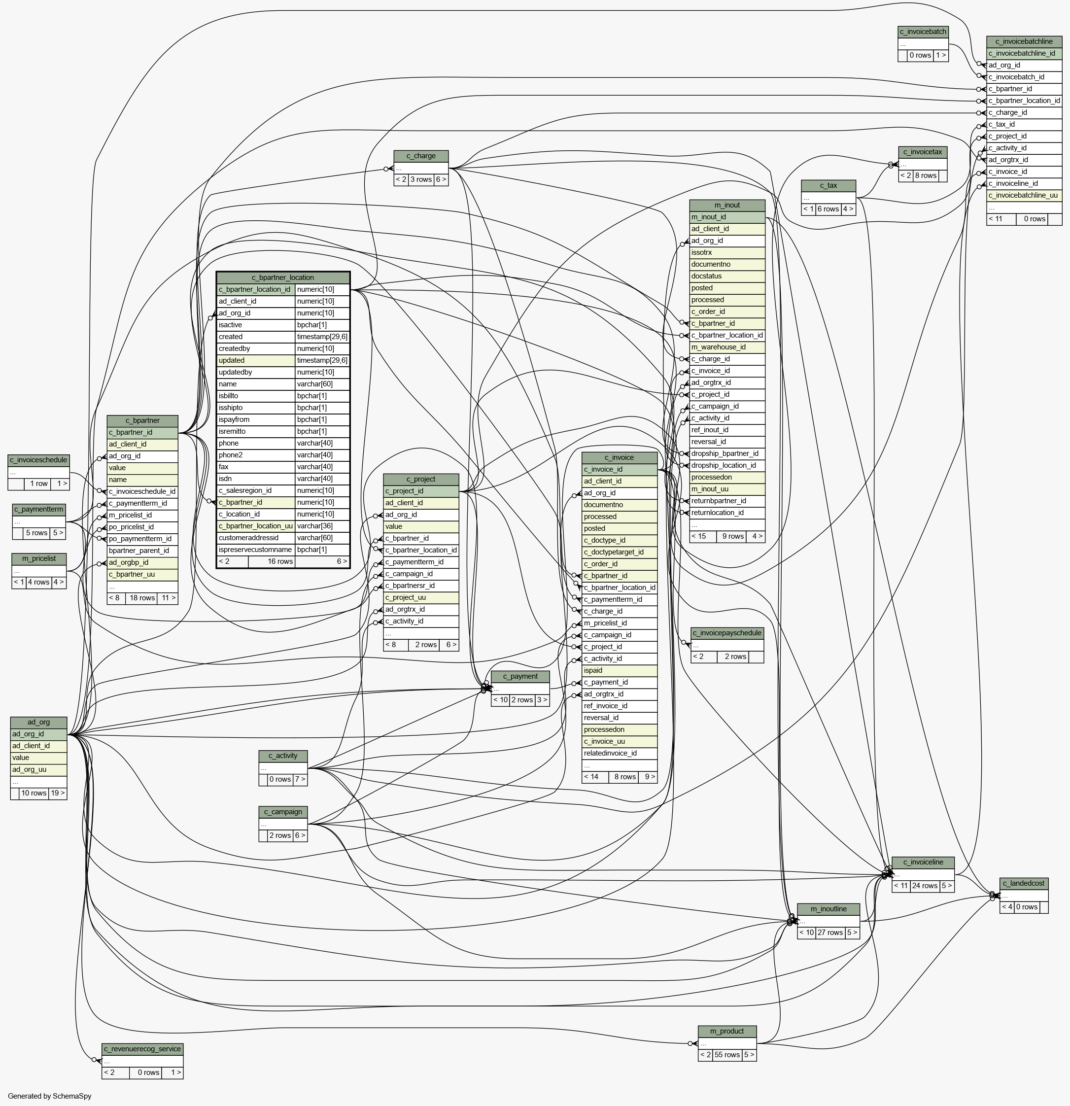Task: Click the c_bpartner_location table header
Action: [283, 277]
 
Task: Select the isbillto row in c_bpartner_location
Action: [283, 396]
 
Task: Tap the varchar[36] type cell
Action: [322, 526]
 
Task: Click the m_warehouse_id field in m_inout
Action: [727, 347]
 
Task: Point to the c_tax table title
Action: [828, 186]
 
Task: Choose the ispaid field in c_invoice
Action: [620, 670]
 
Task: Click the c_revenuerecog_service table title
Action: [142, 1049]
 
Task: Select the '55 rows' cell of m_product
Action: [727, 1055]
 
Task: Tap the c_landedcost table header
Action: [1024, 883]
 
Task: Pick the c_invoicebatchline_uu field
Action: [1024, 195]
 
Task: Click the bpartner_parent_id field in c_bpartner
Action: [142, 550]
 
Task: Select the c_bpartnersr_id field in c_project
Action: [421, 586]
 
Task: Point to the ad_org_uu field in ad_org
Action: [38, 769]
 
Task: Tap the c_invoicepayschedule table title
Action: [727, 632]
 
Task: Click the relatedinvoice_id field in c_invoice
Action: [620, 753]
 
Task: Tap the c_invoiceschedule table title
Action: [38, 460]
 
